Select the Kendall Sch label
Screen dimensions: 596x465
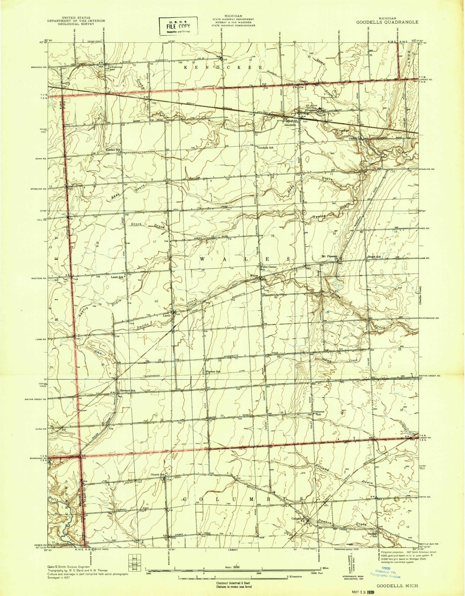point(113,150)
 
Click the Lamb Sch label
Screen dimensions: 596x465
point(117,277)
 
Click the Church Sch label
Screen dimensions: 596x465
point(157,474)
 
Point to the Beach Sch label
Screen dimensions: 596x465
point(374,257)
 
